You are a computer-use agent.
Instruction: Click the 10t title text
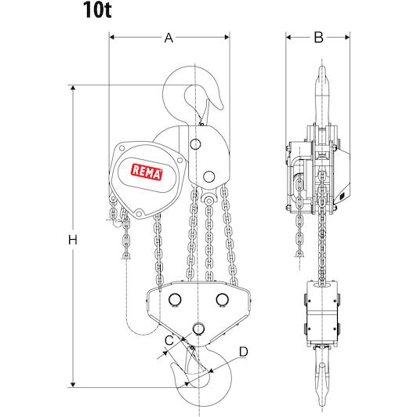(x=97, y=9)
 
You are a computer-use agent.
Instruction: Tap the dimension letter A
(x=169, y=38)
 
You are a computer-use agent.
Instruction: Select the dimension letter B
(x=318, y=38)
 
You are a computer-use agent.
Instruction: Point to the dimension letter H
(x=73, y=240)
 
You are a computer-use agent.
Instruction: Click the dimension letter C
(x=169, y=341)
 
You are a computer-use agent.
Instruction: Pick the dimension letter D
(x=244, y=352)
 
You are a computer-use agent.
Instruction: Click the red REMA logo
(x=147, y=172)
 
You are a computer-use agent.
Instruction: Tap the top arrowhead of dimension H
(x=73, y=88)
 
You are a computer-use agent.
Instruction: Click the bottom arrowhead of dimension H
(x=73, y=385)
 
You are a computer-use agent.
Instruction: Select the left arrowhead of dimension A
(x=112, y=38)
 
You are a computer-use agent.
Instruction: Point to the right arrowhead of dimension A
(x=227, y=38)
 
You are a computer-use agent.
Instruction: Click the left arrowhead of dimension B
(x=288, y=38)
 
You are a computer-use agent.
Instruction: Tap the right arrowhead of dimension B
(x=347, y=38)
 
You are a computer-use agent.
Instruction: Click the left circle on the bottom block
(x=175, y=299)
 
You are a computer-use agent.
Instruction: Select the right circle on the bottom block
(x=223, y=299)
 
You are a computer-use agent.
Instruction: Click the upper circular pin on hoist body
(x=195, y=144)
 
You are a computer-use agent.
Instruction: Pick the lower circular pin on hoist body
(x=209, y=176)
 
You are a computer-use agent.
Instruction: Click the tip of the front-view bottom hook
(x=172, y=365)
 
